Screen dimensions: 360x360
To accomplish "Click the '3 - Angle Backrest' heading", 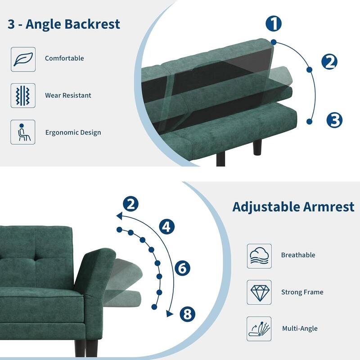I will (63, 24).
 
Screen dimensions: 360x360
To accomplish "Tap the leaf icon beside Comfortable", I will (22, 58).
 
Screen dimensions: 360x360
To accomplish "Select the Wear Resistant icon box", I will (22, 95).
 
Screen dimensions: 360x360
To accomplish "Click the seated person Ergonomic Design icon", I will (22, 132).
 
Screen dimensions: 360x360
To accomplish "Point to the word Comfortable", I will (64, 58).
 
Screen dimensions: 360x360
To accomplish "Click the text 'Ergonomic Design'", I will (73, 133).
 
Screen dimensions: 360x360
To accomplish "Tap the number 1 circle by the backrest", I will (273, 23).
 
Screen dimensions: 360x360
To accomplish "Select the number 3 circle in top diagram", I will (334, 120).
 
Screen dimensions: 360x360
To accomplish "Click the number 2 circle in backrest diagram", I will (329, 62).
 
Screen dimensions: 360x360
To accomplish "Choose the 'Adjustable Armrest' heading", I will (293, 207).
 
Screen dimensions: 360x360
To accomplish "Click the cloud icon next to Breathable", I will (259, 256).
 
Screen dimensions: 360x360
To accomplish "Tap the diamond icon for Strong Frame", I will (259, 292).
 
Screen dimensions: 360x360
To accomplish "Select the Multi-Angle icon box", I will (259, 328).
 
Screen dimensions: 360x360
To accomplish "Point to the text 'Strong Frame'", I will (302, 292).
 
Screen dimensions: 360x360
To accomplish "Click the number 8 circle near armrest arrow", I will (188, 314).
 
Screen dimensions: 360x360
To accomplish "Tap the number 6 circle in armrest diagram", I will (182, 269).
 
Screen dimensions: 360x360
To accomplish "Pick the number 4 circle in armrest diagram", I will (167, 227).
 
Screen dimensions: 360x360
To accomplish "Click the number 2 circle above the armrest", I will (130, 204).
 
